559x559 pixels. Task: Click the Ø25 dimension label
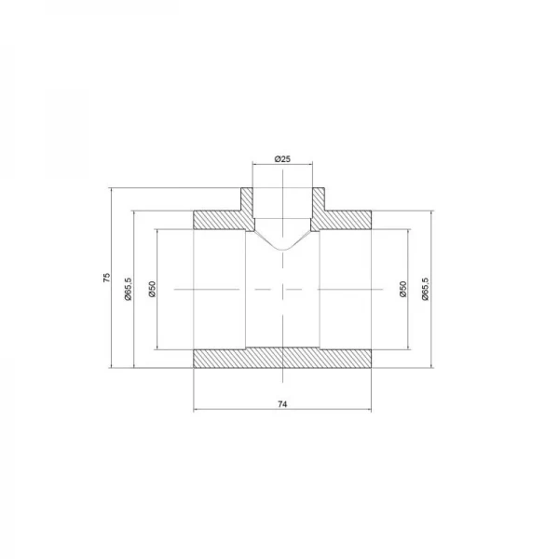click(x=282, y=159)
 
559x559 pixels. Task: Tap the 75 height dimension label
click(x=107, y=278)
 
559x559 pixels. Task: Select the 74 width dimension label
click(x=282, y=404)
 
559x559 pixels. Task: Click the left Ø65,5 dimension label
click(x=129, y=289)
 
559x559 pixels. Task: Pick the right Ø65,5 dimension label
click(x=426, y=289)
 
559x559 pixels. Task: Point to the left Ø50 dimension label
click(x=152, y=289)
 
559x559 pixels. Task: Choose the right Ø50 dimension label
click(x=402, y=289)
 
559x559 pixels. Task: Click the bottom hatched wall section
click(x=282, y=359)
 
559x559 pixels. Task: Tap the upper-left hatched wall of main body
click(x=220, y=220)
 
